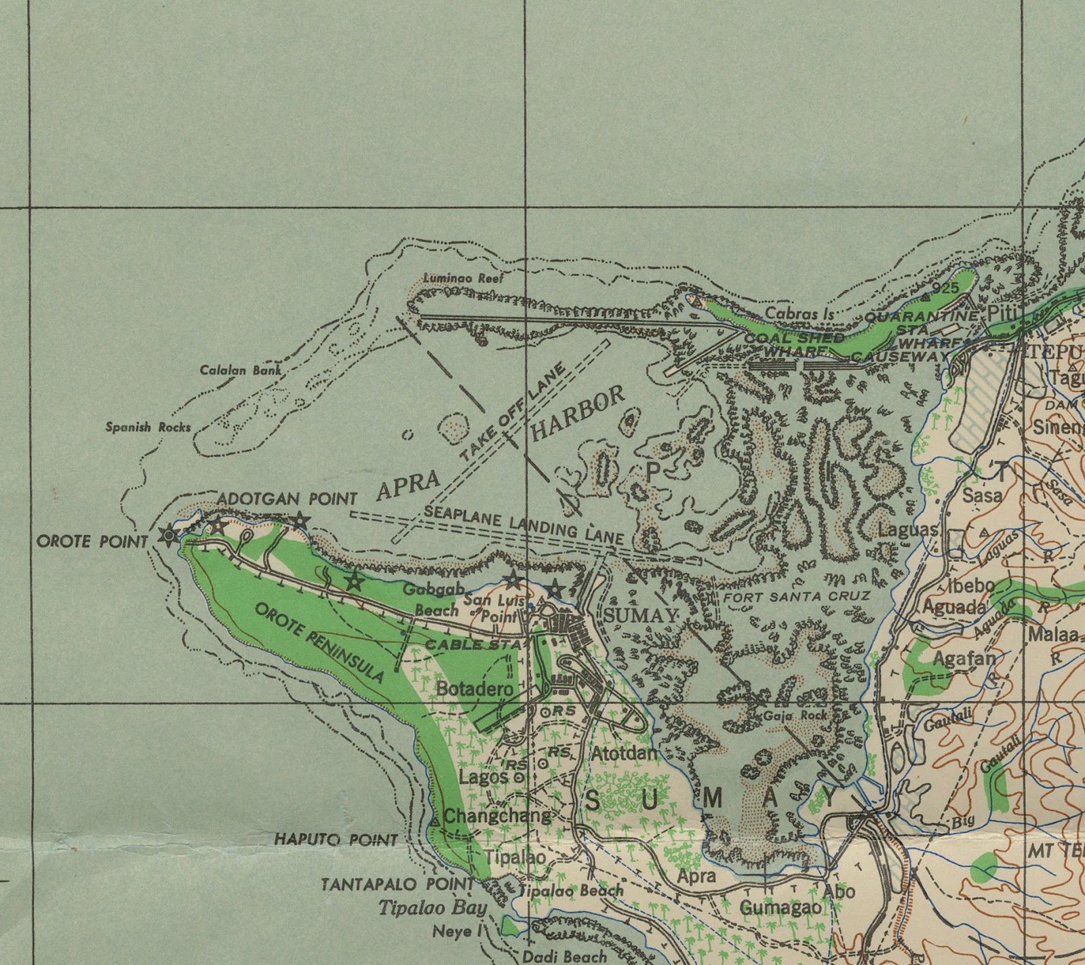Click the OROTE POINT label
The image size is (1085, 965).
click(x=92, y=542)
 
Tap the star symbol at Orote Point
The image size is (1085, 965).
click(x=167, y=536)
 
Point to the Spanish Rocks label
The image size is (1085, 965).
click(x=148, y=427)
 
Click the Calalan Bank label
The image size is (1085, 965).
click(x=240, y=371)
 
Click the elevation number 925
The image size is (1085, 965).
click(x=945, y=288)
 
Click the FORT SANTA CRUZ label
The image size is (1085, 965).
click(x=796, y=597)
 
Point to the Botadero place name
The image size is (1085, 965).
click(x=475, y=688)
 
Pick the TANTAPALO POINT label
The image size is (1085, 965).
click(x=397, y=884)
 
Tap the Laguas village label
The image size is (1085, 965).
click(x=908, y=529)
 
